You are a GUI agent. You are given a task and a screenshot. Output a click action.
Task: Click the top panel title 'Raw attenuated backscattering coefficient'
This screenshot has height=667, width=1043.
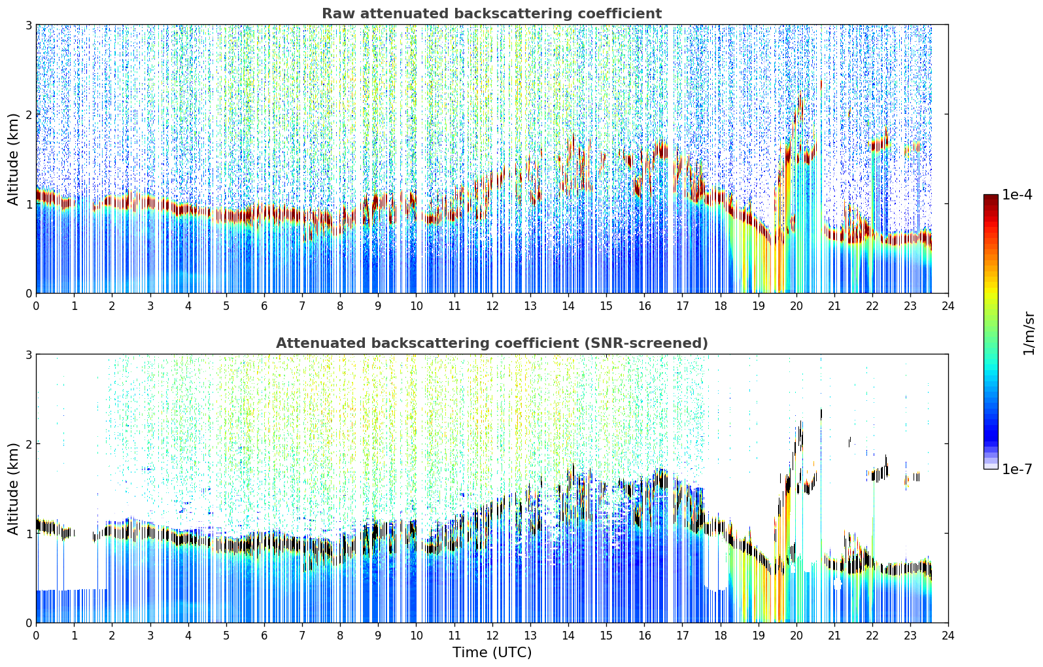pyautogui.click(x=492, y=14)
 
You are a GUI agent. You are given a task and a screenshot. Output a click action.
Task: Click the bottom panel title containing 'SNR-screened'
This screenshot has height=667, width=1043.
pyautogui.click(x=492, y=343)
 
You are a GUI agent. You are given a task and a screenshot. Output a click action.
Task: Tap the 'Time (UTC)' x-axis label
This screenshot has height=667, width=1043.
pyautogui.click(x=492, y=652)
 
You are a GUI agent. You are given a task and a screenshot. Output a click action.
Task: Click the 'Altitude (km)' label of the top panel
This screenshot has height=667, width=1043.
pyautogui.click(x=13, y=159)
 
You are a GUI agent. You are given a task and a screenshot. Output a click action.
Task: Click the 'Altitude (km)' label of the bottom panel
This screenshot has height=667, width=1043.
pyautogui.click(x=13, y=488)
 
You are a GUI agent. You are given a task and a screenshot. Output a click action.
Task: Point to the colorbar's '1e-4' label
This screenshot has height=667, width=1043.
pyautogui.click(x=1017, y=195)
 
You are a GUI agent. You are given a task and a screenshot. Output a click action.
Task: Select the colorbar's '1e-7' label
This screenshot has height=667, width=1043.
pyautogui.click(x=1017, y=469)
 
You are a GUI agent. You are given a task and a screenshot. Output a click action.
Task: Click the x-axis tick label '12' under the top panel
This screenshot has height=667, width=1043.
pyautogui.click(x=492, y=306)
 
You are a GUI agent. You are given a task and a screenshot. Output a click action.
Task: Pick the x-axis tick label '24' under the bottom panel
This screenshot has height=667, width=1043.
pyautogui.click(x=948, y=636)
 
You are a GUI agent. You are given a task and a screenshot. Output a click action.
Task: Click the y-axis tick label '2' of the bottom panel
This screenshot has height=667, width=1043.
pyautogui.click(x=28, y=444)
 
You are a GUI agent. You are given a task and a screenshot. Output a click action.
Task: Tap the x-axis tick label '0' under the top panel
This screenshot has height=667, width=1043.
pyautogui.click(x=37, y=306)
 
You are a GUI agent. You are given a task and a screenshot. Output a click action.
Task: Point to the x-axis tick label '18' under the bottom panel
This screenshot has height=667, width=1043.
pyautogui.click(x=721, y=636)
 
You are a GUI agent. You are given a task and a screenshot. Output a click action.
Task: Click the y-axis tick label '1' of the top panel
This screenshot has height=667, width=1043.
pyautogui.click(x=28, y=203)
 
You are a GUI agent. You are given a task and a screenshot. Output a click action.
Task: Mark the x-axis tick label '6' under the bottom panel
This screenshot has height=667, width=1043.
pyautogui.click(x=264, y=636)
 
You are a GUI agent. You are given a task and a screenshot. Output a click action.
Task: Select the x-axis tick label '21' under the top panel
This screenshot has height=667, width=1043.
pyautogui.click(x=834, y=306)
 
